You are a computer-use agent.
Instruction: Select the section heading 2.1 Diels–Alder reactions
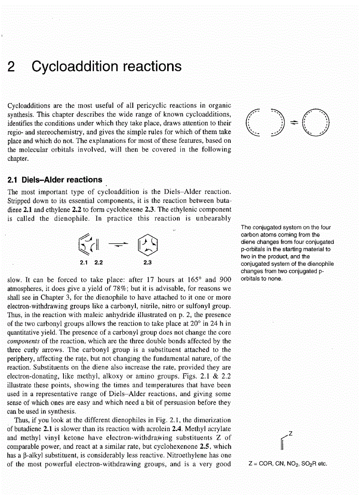tap(55, 179)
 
